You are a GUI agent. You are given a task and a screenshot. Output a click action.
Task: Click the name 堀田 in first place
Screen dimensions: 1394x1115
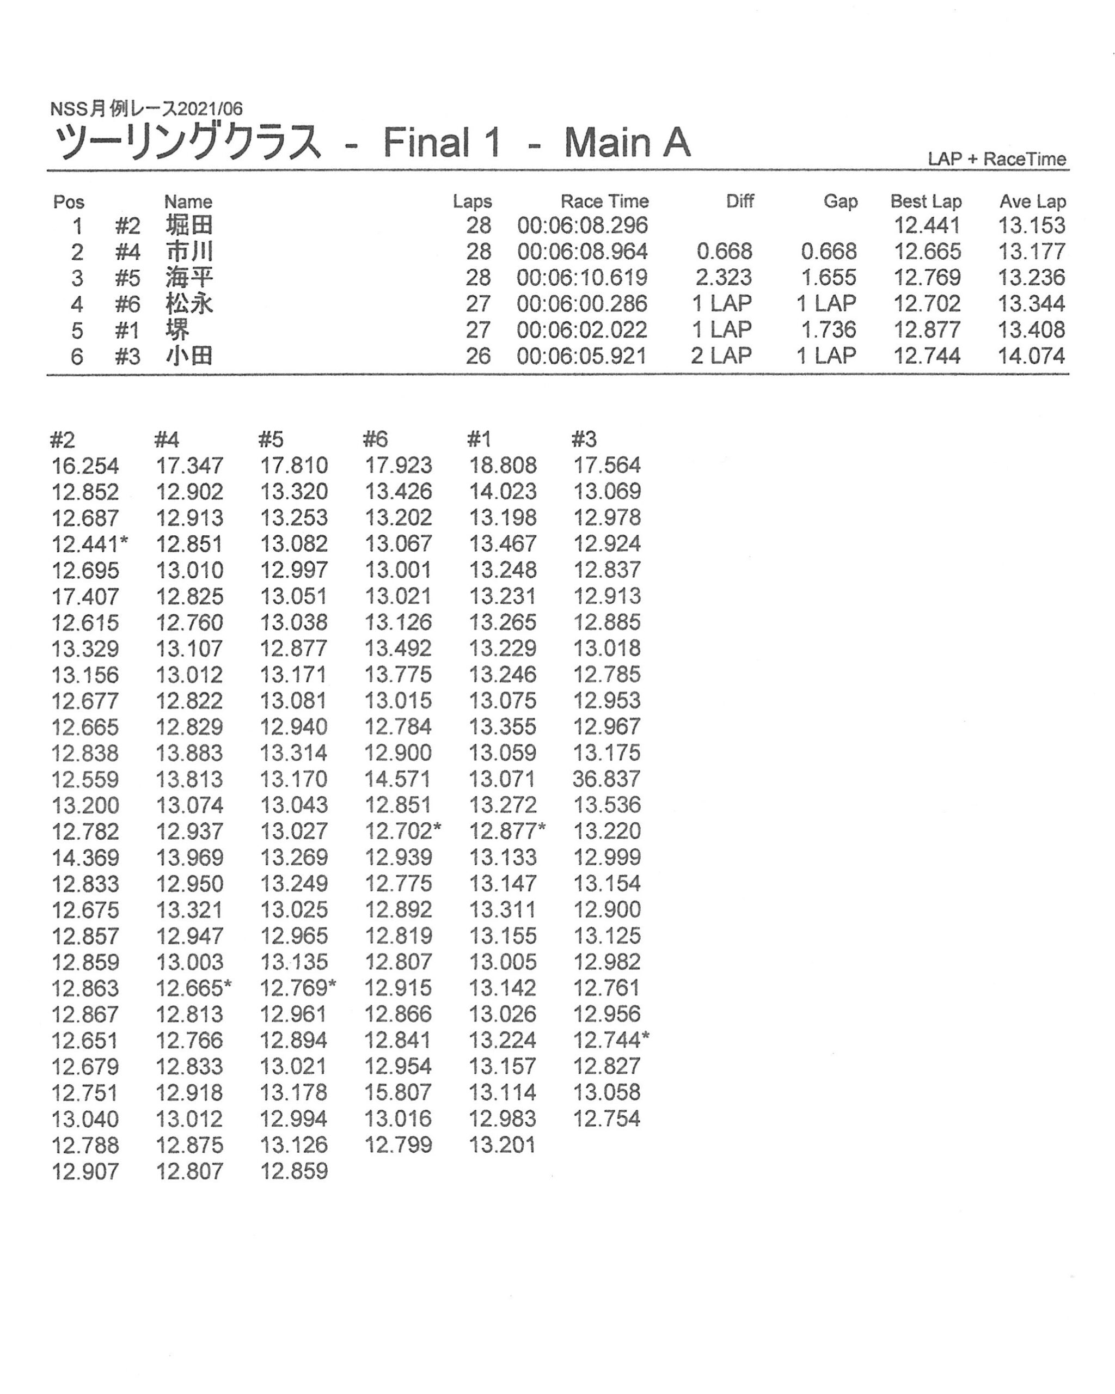(x=189, y=225)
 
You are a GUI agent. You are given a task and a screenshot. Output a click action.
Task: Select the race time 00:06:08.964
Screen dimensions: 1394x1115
(x=582, y=252)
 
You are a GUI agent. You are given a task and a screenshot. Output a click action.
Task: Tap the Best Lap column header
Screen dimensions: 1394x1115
(x=926, y=201)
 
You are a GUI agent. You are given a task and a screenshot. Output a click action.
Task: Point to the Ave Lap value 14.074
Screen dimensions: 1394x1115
(x=1031, y=356)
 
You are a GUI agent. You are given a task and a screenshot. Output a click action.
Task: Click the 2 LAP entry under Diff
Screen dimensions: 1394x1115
(x=721, y=356)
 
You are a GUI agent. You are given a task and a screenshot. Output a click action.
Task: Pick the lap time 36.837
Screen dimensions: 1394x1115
(x=606, y=779)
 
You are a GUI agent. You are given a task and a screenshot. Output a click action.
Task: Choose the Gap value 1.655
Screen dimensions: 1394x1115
(x=829, y=278)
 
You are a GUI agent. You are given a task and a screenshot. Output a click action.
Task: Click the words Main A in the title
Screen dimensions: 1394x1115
(x=627, y=142)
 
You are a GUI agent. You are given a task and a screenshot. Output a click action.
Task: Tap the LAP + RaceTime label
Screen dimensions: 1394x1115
(x=997, y=159)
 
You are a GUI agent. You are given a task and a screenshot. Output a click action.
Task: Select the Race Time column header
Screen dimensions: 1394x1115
(x=604, y=201)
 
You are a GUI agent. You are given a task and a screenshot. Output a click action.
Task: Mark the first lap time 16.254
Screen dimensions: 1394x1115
(x=85, y=466)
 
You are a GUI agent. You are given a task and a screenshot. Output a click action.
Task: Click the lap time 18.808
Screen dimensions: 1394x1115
(x=503, y=466)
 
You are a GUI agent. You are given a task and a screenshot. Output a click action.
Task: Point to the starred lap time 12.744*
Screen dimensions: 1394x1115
(x=611, y=1041)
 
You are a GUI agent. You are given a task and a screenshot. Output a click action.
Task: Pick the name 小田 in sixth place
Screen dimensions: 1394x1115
(x=189, y=356)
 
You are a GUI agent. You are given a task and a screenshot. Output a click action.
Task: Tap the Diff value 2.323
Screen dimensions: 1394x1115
(x=724, y=278)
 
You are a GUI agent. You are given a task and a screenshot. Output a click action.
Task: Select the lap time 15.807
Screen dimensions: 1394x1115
(x=398, y=1093)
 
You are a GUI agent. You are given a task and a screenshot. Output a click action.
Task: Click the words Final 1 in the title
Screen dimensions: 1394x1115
(x=442, y=142)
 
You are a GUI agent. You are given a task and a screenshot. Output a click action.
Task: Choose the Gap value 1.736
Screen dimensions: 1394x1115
(x=829, y=331)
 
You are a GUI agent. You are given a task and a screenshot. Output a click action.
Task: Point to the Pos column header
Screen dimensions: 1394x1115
(x=69, y=201)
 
